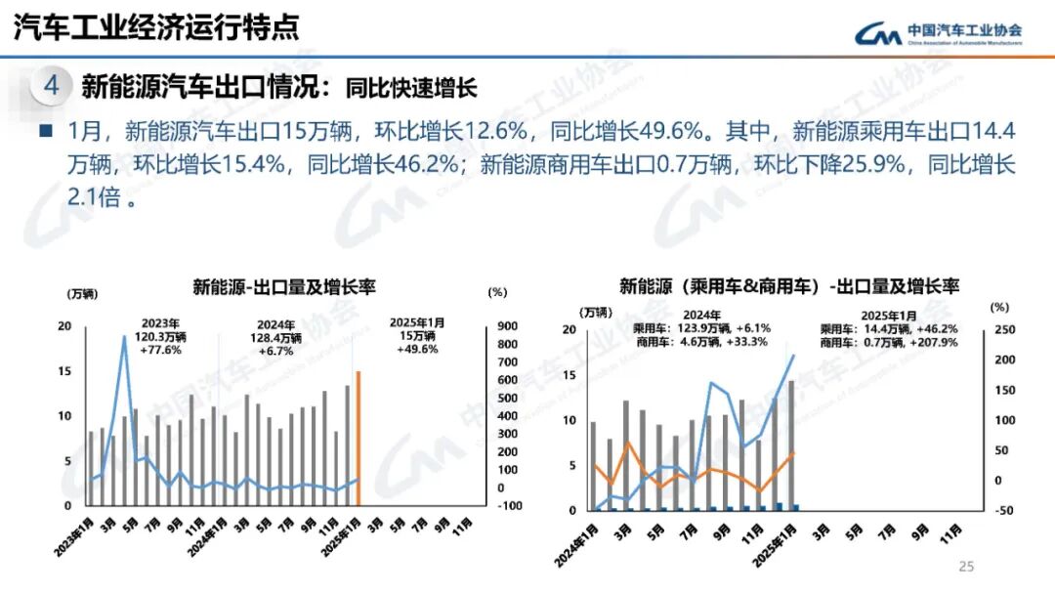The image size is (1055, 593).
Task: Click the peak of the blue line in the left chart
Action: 124,337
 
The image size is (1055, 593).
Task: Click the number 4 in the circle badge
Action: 52,86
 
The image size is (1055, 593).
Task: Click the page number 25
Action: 967,567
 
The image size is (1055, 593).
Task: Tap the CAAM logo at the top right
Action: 938,34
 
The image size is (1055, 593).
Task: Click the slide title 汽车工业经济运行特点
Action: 156,27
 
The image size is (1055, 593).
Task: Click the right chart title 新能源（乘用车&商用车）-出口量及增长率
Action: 789,286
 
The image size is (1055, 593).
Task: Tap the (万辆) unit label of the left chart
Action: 82,293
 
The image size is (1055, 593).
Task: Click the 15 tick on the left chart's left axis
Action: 64,371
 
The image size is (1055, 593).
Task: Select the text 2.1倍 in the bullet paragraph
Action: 94,198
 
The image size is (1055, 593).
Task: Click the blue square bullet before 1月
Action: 45,130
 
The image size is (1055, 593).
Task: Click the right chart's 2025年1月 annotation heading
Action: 888,316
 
